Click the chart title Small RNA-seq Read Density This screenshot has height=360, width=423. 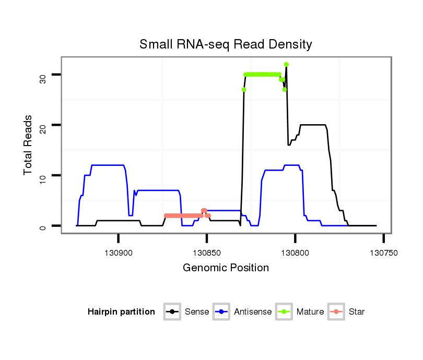[226, 44]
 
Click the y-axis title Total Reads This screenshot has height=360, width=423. [28, 145]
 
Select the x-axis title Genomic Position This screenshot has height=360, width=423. [226, 268]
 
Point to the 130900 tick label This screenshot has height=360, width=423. [119, 253]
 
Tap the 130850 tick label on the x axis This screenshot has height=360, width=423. [207, 253]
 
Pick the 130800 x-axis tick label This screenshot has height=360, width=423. [295, 253]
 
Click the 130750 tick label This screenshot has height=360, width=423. [383, 253]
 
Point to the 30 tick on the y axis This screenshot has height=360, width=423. [43, 79]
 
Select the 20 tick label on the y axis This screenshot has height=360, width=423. [43, 125]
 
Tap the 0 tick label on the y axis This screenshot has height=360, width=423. [43, 226]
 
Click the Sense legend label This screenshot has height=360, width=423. [197, 312]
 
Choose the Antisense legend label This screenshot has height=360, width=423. [253, 312]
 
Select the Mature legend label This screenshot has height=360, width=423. [310, 312]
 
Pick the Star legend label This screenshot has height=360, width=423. [357, 312]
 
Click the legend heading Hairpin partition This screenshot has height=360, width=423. [121, 312]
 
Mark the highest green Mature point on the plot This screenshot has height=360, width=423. [286, 65]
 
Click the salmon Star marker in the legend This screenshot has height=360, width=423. [336, 312]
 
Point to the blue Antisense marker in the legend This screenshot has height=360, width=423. [222, 312]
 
